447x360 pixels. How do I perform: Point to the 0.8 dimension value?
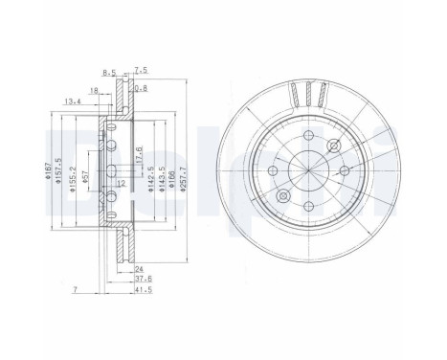click(x=143, y=89)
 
